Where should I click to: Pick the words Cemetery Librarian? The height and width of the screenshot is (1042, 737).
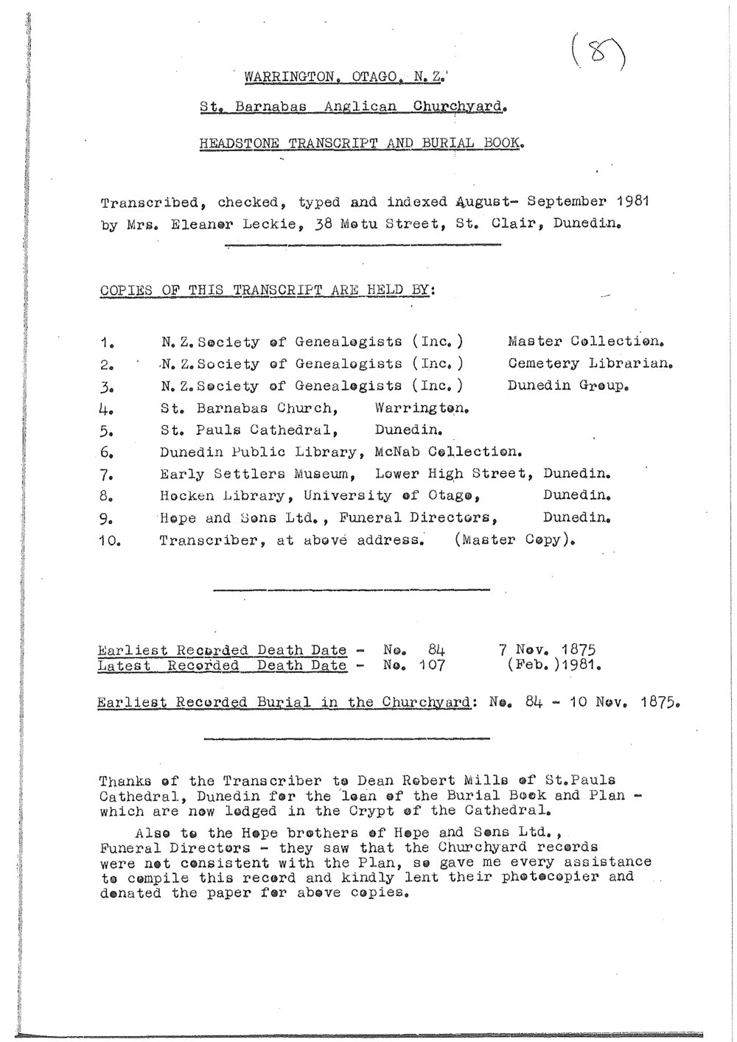click(x=591, y=364)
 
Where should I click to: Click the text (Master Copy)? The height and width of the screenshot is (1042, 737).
click(x=514, y=540)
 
